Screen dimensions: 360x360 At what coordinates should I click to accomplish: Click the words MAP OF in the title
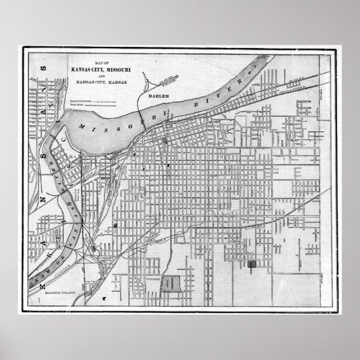(103, 63)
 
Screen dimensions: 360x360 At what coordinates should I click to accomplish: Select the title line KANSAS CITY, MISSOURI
(103, 69)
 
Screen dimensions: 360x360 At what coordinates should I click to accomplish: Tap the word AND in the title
(103, 75)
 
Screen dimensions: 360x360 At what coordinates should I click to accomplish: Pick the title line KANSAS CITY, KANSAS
(103, 82)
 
